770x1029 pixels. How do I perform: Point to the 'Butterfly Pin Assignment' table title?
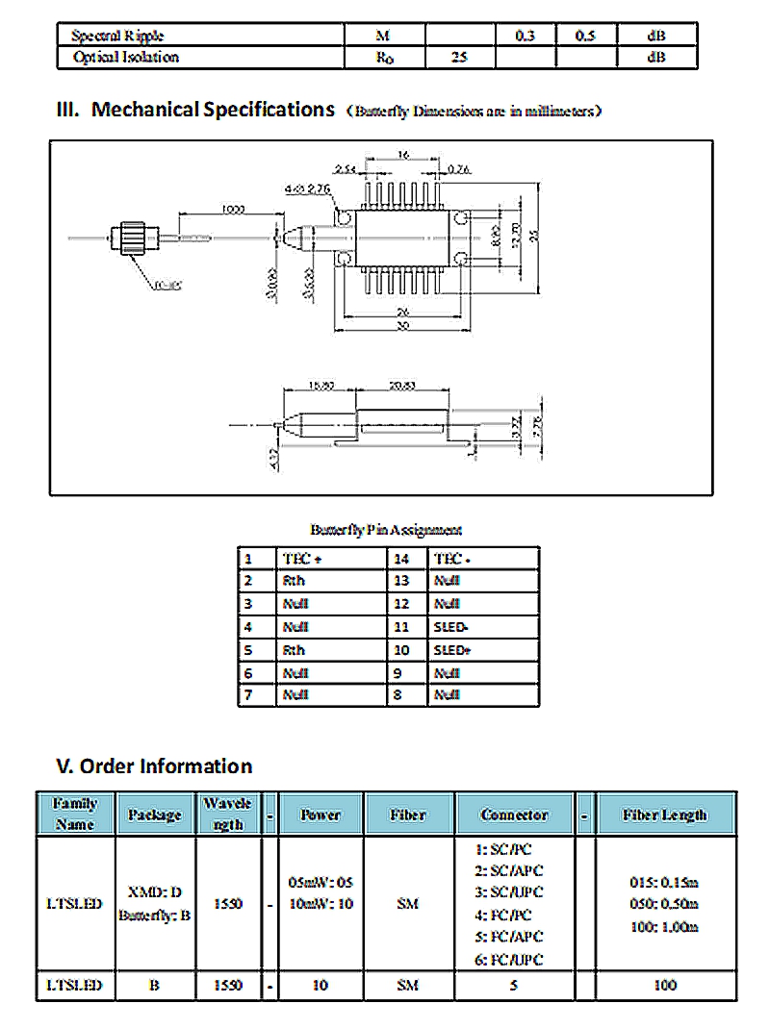point(386,530)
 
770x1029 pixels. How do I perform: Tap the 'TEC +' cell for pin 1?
point(303,559)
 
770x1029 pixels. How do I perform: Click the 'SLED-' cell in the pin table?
point(451,627)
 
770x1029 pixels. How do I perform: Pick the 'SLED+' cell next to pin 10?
point(451,650)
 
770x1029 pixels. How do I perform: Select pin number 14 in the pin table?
point(401,559)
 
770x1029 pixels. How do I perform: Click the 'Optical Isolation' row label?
point(126,57)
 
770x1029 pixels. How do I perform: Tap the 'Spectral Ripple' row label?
point(117,36)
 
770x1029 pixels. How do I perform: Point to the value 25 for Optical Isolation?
point(459,57)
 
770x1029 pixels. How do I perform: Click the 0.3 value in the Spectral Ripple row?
point(526,36)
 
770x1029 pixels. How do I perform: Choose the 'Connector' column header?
point(514,815)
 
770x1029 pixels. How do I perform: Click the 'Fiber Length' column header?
point(665,815)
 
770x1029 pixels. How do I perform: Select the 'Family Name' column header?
point(75,814)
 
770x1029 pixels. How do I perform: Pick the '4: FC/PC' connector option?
point(503,916)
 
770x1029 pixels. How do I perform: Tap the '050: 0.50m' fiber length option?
point(665,904)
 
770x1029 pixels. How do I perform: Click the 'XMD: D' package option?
point(155,892)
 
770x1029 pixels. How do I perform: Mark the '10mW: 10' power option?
point(321,904)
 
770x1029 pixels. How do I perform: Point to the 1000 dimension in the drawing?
point(231,209)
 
